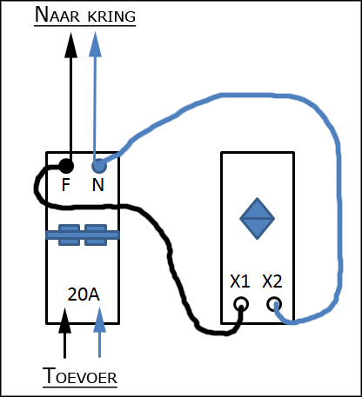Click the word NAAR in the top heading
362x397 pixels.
[x=57, y=15]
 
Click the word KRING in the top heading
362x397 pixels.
[x=111, y=17]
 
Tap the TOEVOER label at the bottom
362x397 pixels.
[x=80, y=376]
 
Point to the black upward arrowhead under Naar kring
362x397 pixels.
[x=70, y=45]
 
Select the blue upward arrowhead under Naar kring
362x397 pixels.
[x=95, y=44]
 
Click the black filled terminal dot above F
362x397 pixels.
[x=66, y=166]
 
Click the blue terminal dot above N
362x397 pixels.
[x=99, y=166]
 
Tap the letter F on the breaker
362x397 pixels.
[x=66, y=185]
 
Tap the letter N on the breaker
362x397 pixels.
[x=98, y=185]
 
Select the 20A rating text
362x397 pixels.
[x=84, y=294]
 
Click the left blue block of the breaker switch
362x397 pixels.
[x=70, y=235]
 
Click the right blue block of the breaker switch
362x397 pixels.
[x=96, y=235]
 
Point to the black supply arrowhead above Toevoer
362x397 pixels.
[x=64, y=321]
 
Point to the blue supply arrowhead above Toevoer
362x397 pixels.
[x=99, y=320]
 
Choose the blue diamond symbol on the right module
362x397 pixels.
[x=257, y=219]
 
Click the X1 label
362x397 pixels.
[x=240, y=281]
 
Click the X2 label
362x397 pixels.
[x=271, y=281]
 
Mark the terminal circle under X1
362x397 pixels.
[x=241, y=304]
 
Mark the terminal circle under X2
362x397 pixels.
[x=274, y=304]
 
